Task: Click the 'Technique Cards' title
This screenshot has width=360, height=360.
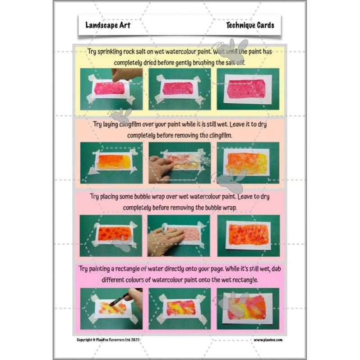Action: pyautogui.click(x=250, y=25)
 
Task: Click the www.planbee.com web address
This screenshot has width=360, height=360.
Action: pyautogui.click(x=268, y=339)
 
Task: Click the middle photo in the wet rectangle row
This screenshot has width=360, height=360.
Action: pyautogui.click(x=179, y=309)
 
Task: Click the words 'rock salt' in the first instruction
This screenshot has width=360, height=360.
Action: pyautogui.click(x=135, y=52)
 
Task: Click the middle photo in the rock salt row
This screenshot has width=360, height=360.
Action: pyautogui.click(x=179, y=89)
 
